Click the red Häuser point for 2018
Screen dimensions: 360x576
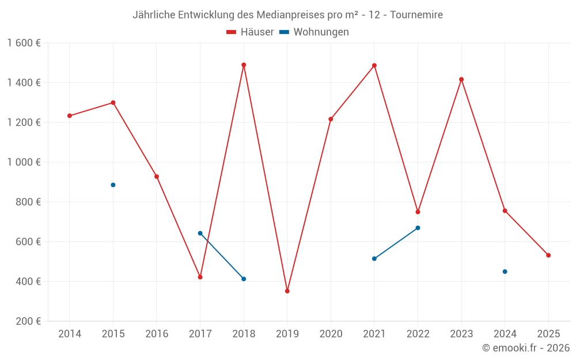pos(244,65)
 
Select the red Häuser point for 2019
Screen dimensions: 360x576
pos(287,291)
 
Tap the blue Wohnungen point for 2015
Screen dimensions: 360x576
pos(113,185)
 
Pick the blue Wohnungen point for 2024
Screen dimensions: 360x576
pos(505,271)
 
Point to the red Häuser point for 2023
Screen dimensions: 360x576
pos(461,79)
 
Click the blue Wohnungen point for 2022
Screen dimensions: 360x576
pos(418,228)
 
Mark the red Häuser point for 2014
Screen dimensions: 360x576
pos(70,116)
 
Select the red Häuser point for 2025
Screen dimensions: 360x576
pos(548,255)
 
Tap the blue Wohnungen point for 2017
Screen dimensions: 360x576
pos(200,233)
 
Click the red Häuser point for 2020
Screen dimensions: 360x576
pos(331,119)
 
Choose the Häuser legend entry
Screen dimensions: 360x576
pos(250,32)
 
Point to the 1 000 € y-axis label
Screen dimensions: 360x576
pos(24,162)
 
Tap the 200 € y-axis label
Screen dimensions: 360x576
pos(29,321)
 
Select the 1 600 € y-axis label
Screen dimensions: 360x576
pos(24,43)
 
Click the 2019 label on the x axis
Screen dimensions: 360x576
pos(287,334)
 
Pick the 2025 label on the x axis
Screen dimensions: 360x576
pos(548,334)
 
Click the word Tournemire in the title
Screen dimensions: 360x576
pos(416,15)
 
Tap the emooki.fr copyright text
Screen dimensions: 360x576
pos(526,348)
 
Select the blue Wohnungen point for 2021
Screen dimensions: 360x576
pos(374,259)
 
